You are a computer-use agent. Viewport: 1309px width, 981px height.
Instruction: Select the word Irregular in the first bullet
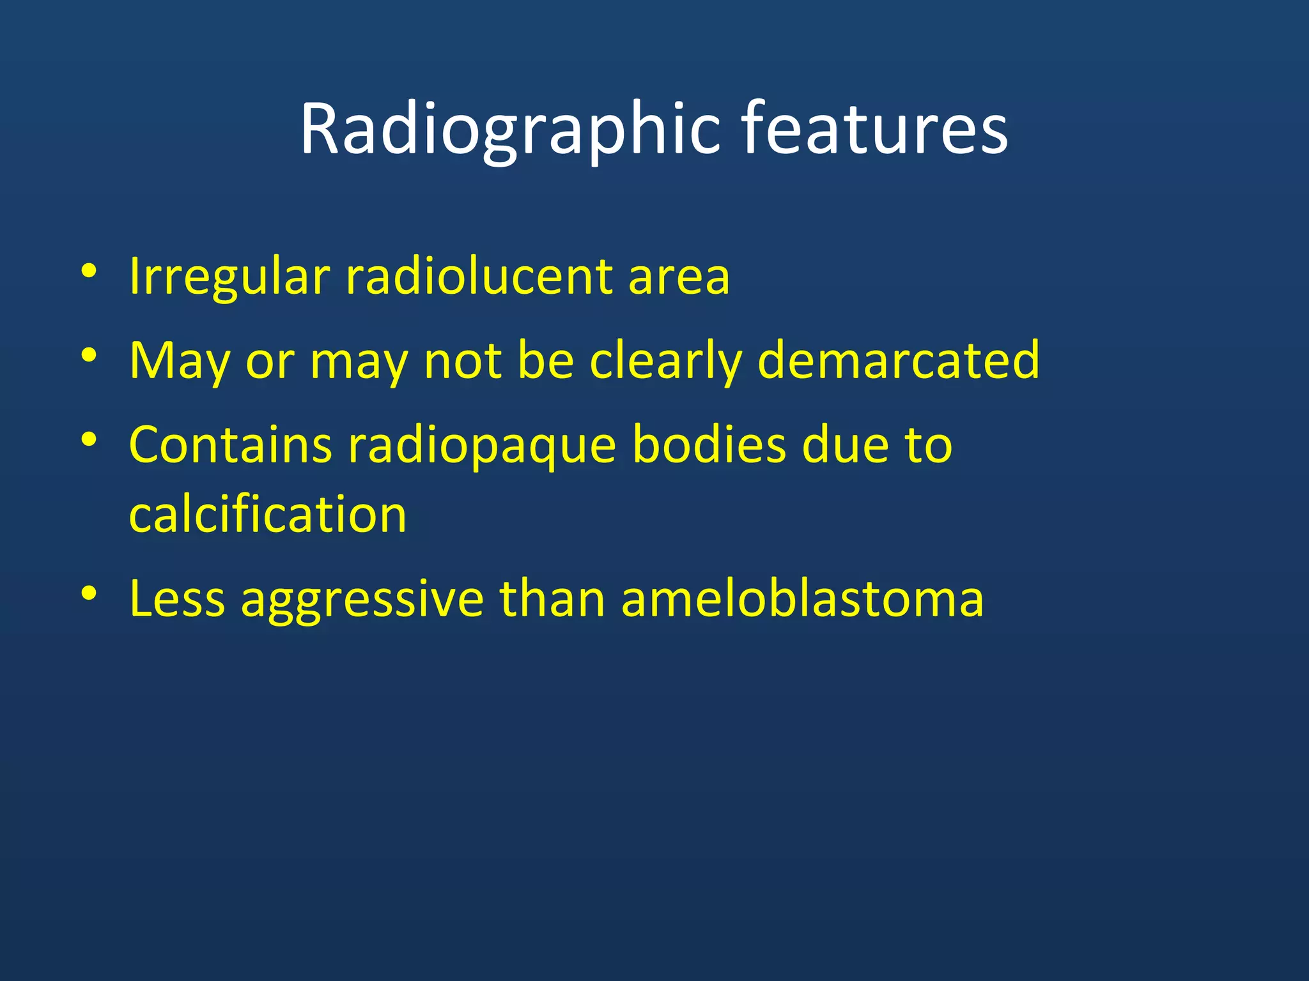229,277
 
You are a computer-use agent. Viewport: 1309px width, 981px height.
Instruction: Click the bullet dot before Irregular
89,271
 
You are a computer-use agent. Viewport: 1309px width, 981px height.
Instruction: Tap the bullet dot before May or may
89,355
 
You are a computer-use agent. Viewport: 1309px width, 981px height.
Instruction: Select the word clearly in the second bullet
665,361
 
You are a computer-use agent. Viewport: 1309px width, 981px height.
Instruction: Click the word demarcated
898,360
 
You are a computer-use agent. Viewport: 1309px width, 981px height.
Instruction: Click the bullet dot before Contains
89,439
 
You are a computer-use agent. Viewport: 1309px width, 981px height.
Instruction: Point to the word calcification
268,514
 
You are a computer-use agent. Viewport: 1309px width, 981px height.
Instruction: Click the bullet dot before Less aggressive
89,593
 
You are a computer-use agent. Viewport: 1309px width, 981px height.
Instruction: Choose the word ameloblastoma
802,599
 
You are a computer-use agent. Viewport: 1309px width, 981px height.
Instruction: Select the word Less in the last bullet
177,599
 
